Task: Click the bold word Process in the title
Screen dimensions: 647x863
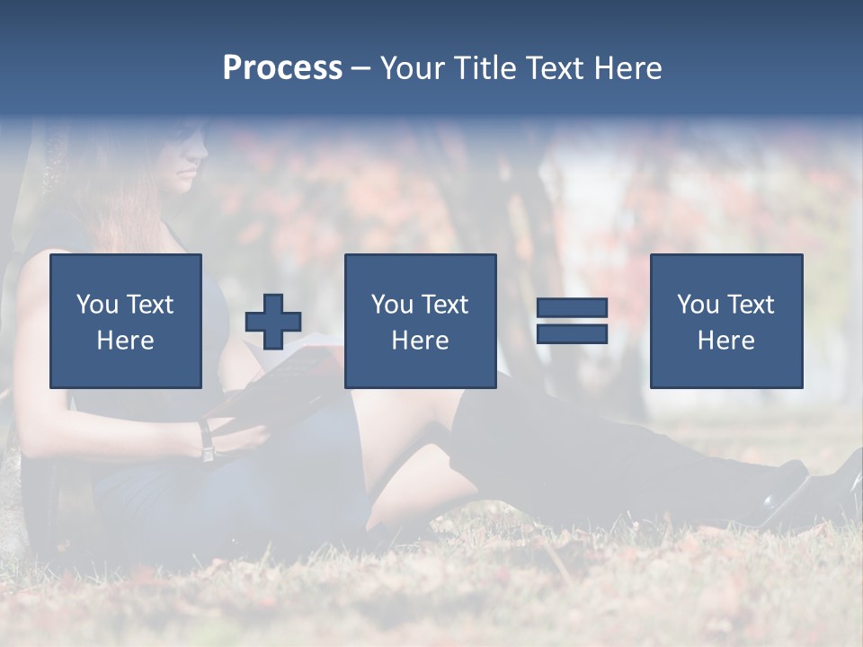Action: [x=282, y=68]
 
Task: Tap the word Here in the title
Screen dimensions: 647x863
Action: [x=627, y=68]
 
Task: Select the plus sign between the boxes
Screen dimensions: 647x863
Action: [x=273, y=322]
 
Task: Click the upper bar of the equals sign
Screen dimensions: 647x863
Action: [x=572, y=308]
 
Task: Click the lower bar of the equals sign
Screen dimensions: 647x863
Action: [x=572, y=334]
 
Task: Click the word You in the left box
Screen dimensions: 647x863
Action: [x=97, y=305]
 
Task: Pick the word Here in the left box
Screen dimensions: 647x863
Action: [x=125, y=341]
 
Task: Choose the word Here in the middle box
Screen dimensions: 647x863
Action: [x=420, y=341]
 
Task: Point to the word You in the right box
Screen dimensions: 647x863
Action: [x=698, y=305]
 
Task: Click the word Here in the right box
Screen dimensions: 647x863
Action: [x=725, y=341]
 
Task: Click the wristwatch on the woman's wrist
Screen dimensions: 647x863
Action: [x=207, y=442]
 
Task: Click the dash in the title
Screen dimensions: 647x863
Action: [x=360, y=69]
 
